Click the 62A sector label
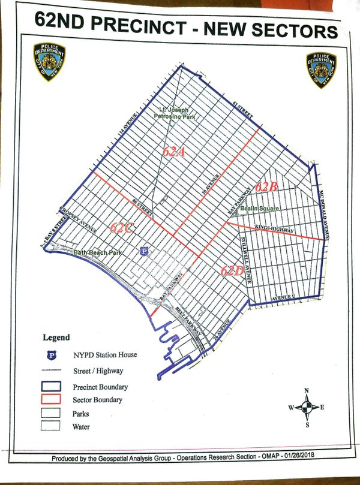click(x=173, y=152)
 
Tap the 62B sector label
click(x=265, y=186)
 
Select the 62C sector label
click(x=121, y=228)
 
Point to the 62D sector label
click(x=231, y=270)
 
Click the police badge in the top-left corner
click(x=50, y=62)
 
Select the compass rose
click(x=307, y=408)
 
